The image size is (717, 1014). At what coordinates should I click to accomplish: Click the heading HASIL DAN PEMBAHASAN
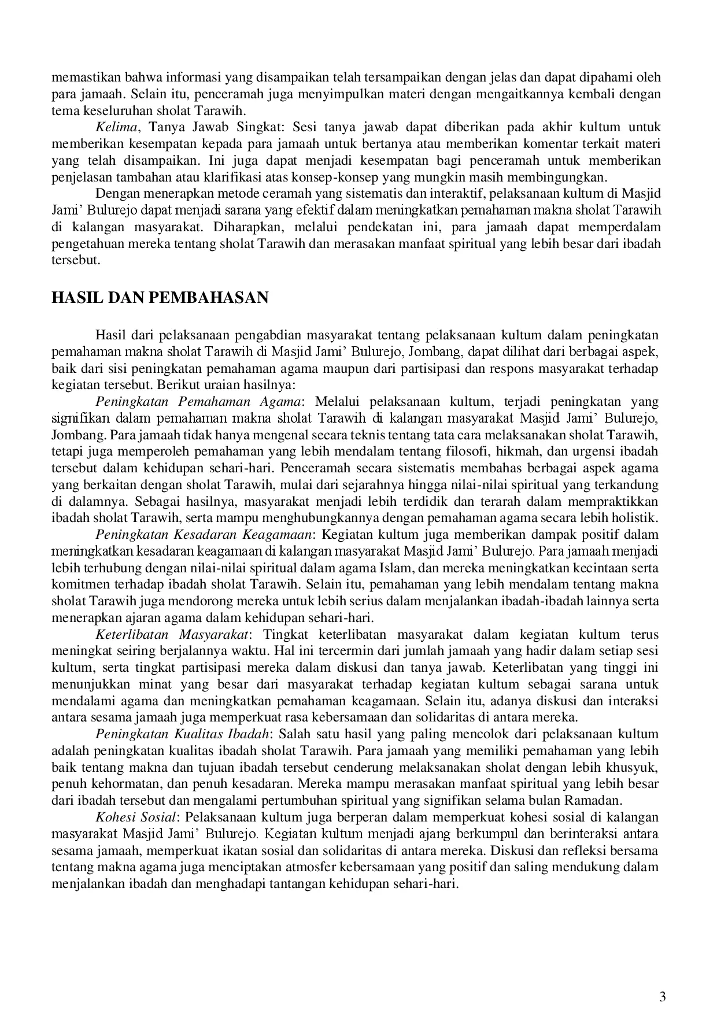pos(160,298)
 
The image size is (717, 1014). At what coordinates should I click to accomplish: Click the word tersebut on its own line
pos(76,260)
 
